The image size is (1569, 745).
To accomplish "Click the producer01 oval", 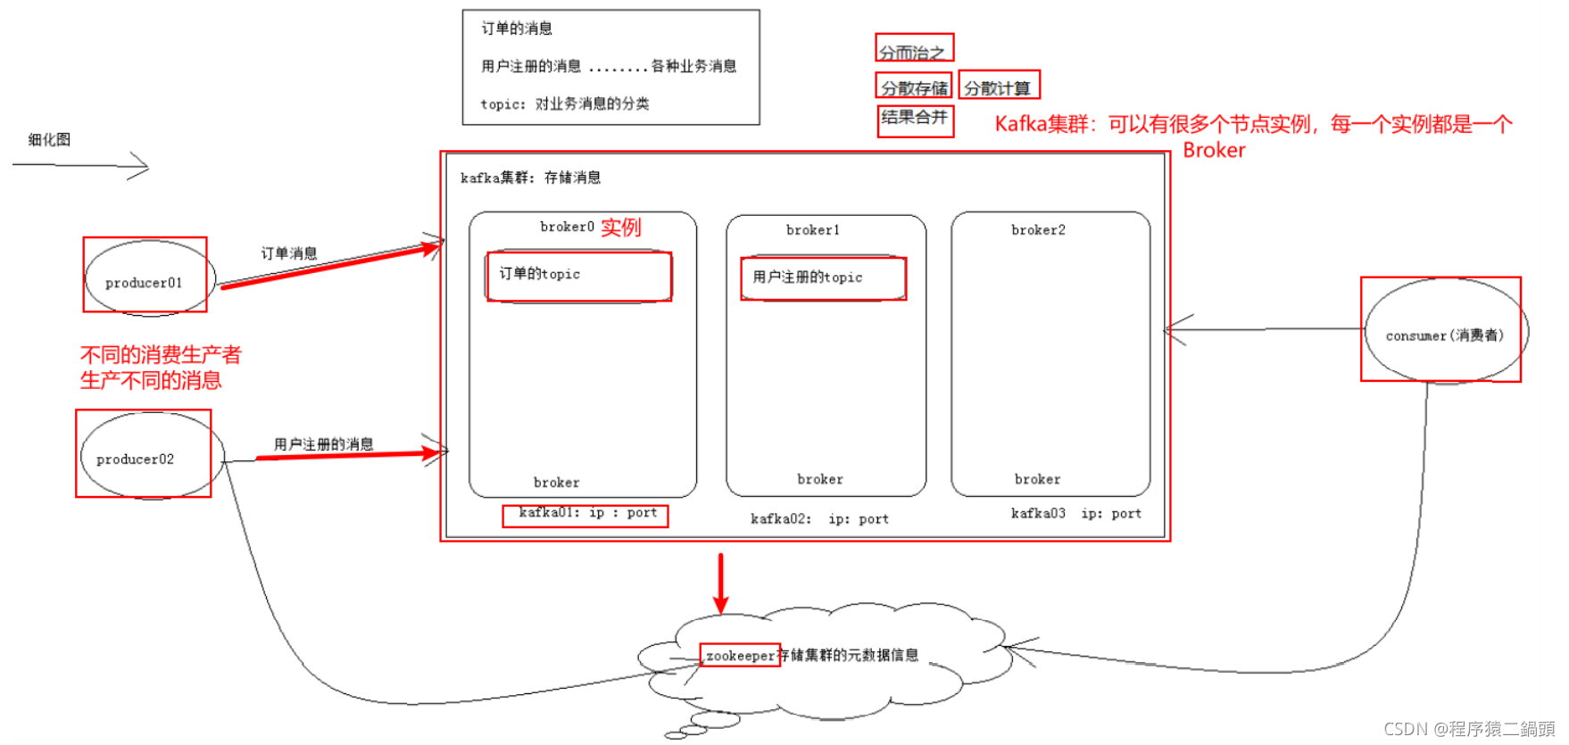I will [145, 277].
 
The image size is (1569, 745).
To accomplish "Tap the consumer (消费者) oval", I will [1444, 333].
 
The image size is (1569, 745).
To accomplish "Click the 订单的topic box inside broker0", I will [578, 276].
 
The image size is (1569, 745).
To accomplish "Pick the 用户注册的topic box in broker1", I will [823, 278].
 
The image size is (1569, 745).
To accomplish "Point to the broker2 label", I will [1038, 230].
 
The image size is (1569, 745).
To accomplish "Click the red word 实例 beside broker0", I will [621, 228].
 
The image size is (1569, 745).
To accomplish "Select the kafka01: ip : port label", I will [586, 514].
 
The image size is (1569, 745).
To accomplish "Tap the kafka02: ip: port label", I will [819, 519].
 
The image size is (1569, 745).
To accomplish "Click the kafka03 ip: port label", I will [1075, 514].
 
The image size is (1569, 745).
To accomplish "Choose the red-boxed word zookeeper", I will [740, 656].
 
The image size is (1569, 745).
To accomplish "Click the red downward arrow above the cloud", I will [721, 584].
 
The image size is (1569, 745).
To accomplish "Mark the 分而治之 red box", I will [914, 49].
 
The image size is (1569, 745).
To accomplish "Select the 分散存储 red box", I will [914, 87].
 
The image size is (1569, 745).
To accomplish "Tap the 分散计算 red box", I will [999, 87].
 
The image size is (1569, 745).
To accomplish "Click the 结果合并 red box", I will [915, 120].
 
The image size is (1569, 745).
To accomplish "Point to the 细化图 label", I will [49, 140].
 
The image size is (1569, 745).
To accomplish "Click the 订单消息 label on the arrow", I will [289, 253].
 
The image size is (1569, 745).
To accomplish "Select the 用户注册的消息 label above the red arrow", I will [323, 444].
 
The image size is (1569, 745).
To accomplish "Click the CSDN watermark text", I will [1468, 729].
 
